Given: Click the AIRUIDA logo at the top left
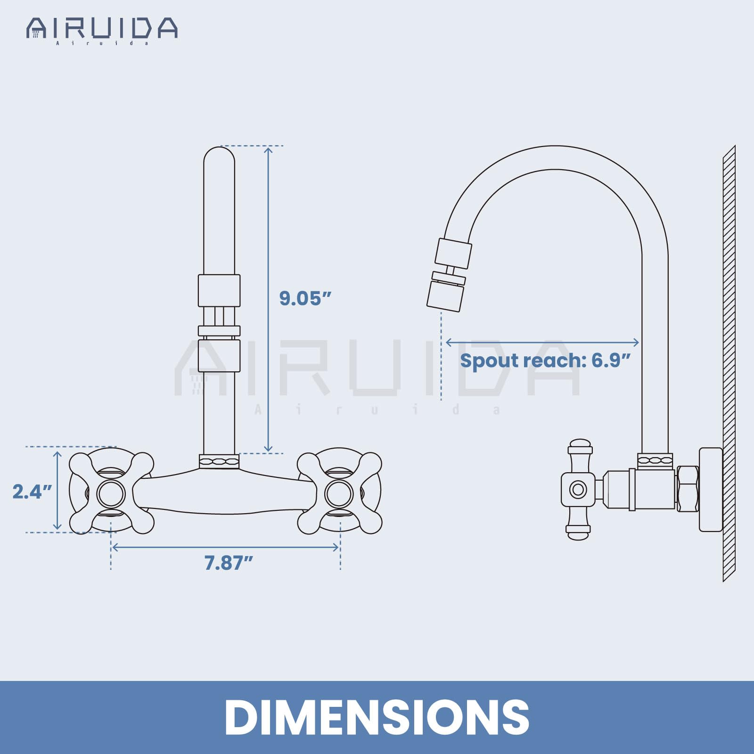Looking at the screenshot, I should (102, 29).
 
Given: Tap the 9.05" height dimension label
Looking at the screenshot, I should (305, 298).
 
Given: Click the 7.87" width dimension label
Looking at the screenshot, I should (229, 563).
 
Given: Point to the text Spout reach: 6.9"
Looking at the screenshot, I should (545, 361).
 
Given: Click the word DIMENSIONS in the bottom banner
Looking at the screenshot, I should (377, 717).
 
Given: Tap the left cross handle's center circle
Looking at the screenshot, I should (111, 493).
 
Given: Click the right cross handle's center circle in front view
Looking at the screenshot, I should (339, 493).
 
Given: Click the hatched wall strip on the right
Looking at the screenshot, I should (729, 363).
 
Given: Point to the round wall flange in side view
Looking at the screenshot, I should (710, 489).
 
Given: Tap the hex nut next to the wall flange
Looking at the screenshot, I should (688, 489).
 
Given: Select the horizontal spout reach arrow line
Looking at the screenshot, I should (542, 342).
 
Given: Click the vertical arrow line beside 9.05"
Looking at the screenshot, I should (268, 299).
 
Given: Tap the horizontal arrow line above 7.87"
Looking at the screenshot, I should (225, 547).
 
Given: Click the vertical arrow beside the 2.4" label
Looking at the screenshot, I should (57, 490).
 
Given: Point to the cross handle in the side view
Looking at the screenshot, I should (578, 489).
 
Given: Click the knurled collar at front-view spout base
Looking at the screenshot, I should (219, 461).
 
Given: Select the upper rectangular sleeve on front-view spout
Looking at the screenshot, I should (219, 290).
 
